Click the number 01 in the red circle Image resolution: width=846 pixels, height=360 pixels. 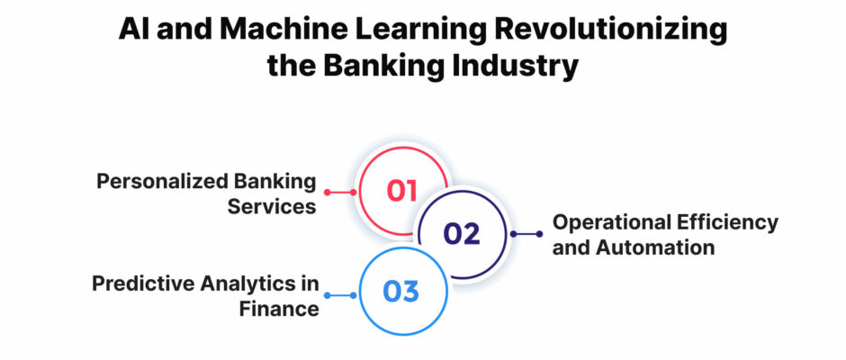[402, 192]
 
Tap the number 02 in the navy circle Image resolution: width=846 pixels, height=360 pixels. [462, 234]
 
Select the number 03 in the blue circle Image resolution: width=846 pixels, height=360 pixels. [400, 292]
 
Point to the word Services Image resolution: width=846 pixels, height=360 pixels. [272, 207]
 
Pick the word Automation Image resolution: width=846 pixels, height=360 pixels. [655, 247]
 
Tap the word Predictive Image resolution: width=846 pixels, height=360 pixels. [144, 283]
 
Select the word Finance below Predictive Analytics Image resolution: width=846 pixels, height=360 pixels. [279, 309]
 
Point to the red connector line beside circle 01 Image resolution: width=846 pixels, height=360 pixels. [340, 192]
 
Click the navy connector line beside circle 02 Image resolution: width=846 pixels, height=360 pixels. [526, 234]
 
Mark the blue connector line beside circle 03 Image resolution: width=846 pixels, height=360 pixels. [340, 295]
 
